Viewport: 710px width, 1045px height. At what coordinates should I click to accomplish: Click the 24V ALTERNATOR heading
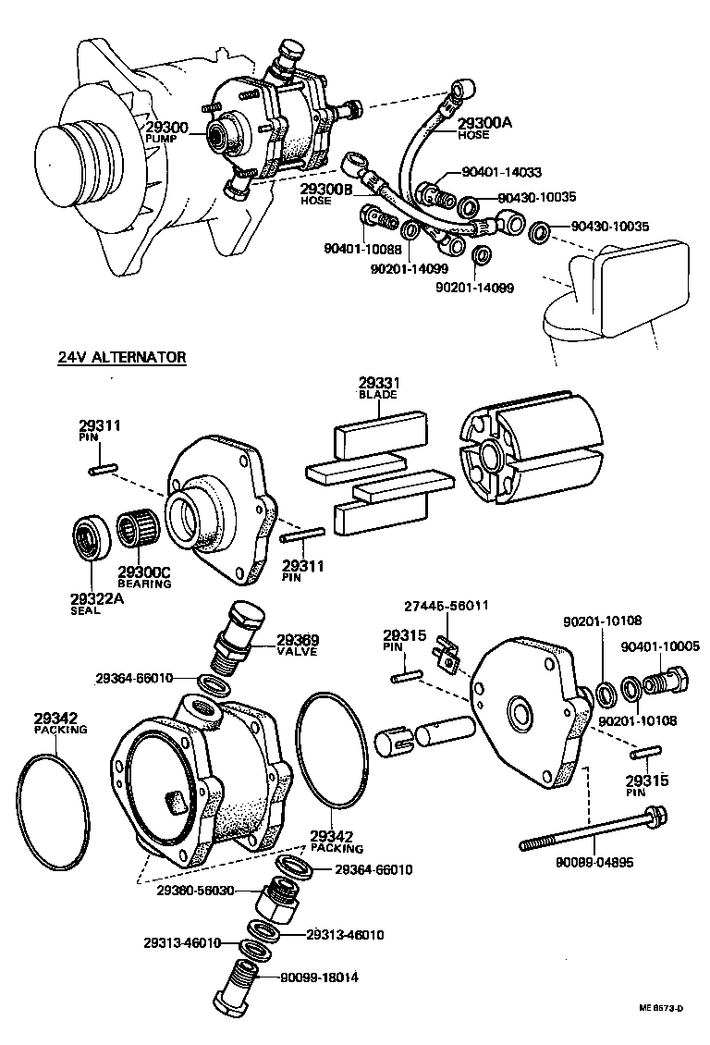pyautogui.click(x=116, y=357)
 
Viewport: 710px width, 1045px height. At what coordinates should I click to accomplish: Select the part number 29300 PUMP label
pyautogui.click(x=165, y=131)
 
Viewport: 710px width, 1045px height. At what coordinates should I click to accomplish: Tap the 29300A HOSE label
pyautogui.click(x=486, y=126)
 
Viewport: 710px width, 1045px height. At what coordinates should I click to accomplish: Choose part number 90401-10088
pyautogui.click(x=363, y=248)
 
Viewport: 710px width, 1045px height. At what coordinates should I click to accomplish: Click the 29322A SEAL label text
pyautogui.click(x=93, y=603)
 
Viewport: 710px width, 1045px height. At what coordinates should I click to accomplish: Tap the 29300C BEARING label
pyautogui.click(x=144, y=577)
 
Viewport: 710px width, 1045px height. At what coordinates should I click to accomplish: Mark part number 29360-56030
pyautogui.click(x=196, y=891)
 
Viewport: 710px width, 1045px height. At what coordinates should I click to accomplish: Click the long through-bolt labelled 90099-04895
pyautogui.click(x=593, y=831)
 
